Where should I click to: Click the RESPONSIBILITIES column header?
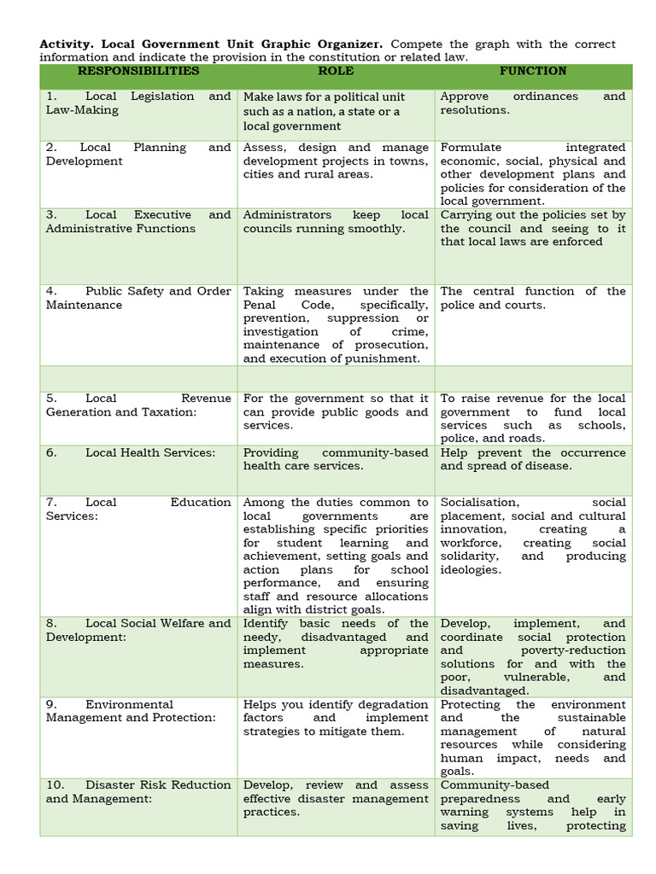138,71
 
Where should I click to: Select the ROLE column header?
336,71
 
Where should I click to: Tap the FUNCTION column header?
533,71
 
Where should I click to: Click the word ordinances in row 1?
547,96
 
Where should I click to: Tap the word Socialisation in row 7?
479,503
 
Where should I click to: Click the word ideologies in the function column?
471,569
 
